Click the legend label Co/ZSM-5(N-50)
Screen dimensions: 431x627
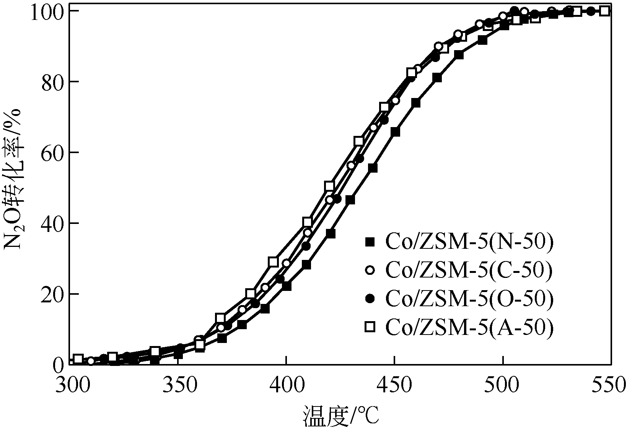(469, 242)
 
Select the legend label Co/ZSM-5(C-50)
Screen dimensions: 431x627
(469, 270)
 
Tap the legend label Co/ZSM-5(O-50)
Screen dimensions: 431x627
(469, 298)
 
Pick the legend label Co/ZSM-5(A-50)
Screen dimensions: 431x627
(469, 327)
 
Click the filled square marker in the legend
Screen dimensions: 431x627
(370, 242)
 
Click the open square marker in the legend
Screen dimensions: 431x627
(370, 327)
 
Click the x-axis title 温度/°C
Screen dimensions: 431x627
(340, 416)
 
